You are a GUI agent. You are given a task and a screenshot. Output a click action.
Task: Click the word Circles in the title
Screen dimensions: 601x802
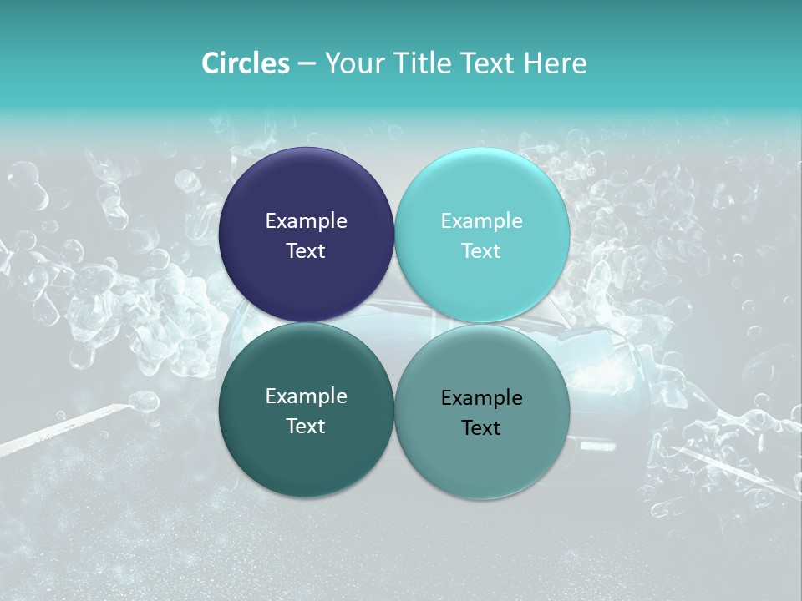tap(246, 63)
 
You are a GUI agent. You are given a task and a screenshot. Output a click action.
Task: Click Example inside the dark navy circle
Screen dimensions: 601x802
tap(306, 221)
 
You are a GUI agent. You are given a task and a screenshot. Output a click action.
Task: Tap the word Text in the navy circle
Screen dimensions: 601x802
tap(306, 251)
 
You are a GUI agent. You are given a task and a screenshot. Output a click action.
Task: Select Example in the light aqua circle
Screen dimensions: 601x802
tap(481, 221)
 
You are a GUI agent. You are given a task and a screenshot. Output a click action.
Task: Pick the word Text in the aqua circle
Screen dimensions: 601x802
tap(481, 251)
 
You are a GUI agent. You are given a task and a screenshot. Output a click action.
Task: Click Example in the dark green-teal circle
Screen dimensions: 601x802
tap(306, 396)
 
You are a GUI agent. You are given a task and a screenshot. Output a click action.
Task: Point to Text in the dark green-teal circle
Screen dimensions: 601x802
tap(306, 427)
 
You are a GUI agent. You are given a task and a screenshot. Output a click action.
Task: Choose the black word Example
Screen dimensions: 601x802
tap(481, 398)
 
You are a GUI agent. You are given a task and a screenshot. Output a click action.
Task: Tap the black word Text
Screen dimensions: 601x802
tap(481, 428)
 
